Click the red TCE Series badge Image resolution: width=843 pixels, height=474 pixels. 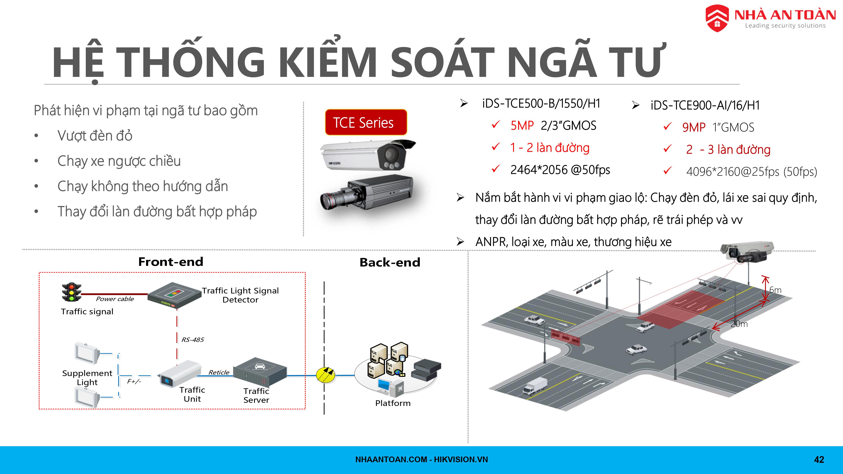(366, 122)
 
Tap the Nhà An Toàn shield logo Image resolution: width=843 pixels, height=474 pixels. (717, 18)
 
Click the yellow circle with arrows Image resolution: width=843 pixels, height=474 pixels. (326, 375)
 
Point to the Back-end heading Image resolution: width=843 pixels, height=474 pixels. (390, 262)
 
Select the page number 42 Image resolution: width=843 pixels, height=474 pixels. (819, 460)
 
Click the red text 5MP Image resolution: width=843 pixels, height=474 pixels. (522, 126)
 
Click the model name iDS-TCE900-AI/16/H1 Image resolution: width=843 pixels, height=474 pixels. (705, 105)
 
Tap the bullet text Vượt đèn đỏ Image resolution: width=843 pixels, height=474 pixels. (95, 136)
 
